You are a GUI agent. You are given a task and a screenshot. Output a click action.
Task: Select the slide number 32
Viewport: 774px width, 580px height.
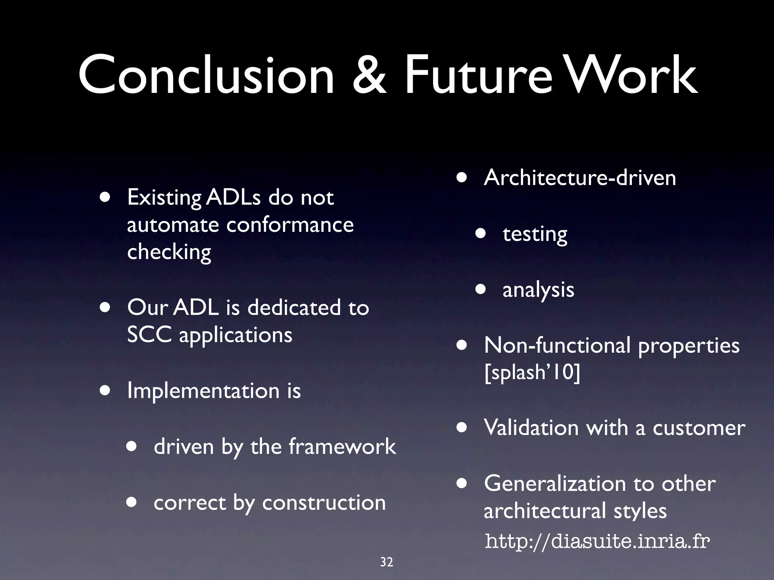(x=387, y=562)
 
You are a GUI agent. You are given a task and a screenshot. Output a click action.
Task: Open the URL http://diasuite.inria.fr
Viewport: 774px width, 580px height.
(x=597, y=541)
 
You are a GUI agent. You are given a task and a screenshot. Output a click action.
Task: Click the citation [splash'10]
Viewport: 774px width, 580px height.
(x=532, y=372)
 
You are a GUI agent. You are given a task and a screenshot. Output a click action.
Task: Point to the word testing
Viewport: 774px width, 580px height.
(x=535, y=234)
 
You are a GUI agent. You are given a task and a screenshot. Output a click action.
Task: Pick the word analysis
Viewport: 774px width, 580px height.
(x=538, y=290)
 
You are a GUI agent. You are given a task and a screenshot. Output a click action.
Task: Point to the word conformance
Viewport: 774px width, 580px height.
(x=290, y=225)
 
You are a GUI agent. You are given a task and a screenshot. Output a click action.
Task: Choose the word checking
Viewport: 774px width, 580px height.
(x=169, y=252)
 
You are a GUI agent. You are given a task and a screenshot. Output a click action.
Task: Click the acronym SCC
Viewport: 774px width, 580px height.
(x=149, y=335)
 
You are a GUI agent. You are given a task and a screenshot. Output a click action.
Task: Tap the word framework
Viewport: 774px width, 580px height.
(x=342, y=446)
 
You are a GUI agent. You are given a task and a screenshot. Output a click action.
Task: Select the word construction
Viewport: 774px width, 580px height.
(x=324, y=503)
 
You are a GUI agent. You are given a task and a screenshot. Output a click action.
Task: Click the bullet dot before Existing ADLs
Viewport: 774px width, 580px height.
(x=105, y=197)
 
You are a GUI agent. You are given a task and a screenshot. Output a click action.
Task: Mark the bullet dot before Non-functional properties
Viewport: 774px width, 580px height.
(x=462, y=346)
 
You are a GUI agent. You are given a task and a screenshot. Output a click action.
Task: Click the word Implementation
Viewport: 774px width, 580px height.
(x=203, y=391)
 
